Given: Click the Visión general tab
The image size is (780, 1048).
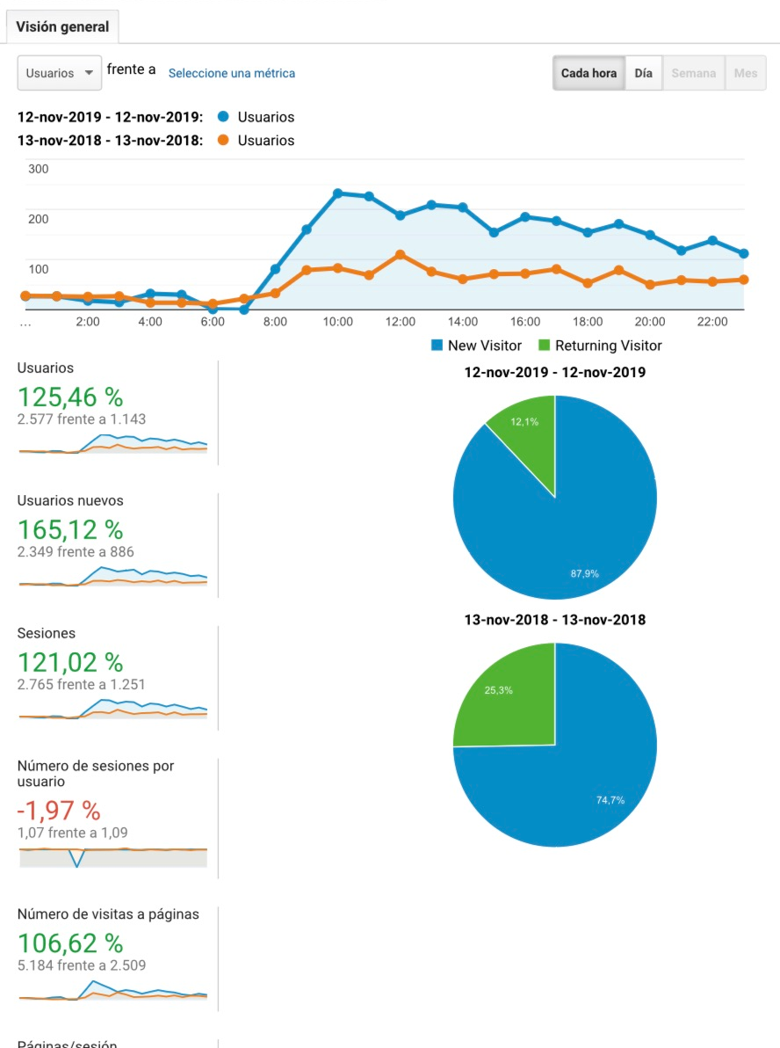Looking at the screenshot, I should [62, 26].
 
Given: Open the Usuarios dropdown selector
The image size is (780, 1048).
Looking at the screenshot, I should [60, 73].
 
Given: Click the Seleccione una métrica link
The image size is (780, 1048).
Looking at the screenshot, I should [232, 73].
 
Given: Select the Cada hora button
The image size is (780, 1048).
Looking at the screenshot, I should [589, 73].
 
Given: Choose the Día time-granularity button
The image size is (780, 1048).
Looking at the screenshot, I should [643, 73].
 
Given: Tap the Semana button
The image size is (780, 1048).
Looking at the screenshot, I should [694, 73].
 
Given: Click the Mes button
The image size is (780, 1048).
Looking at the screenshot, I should [746, 73].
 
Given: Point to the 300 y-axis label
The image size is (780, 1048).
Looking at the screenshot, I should [39, 169].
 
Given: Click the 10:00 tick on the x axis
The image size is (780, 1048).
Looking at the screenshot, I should [337, 322].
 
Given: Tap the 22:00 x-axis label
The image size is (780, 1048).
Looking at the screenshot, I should [712, 322].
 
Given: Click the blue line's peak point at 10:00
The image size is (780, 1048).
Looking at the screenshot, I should [337, 193].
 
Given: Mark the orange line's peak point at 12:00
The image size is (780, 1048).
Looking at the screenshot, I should [400, 254].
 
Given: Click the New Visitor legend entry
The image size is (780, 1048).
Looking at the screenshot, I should [476, 346].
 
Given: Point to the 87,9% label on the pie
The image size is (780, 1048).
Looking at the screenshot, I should [584, 573].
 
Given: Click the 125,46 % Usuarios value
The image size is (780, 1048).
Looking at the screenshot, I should [70, 397].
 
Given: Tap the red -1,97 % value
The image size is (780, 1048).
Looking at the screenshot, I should [59, 810].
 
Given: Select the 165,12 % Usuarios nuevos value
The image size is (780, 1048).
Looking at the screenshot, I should [70, 529].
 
